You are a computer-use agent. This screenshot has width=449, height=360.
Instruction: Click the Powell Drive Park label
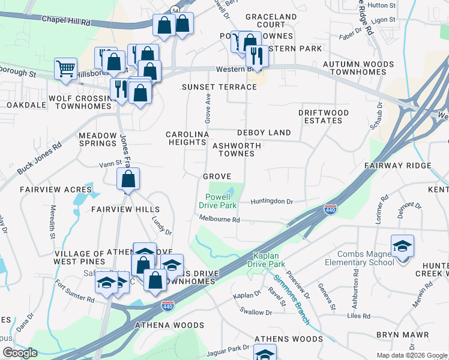[x=217, y=200]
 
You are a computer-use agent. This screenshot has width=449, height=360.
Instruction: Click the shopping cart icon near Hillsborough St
[x=65, y=68]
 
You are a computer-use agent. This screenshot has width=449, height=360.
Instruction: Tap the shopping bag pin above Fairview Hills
[x=128, y=179]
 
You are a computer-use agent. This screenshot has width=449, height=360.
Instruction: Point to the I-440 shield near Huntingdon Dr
[x=330, y=210]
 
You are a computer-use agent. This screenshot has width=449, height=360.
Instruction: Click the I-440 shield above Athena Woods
[x=168, y=307]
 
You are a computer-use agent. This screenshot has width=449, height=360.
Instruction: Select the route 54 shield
[x=174, y=11]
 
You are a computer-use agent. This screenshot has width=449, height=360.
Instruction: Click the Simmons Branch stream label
[x=291, y=299]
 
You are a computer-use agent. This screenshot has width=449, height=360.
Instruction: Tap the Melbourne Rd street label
[x=220, y=220]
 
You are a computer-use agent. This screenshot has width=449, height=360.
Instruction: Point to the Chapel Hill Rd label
[x=66, y=20]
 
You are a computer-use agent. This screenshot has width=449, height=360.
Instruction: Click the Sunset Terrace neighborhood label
[x=219, y=87]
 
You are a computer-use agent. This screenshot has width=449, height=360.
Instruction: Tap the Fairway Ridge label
[x=397, y=166]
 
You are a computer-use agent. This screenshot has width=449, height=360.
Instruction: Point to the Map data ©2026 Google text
[x=411, y=355]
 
